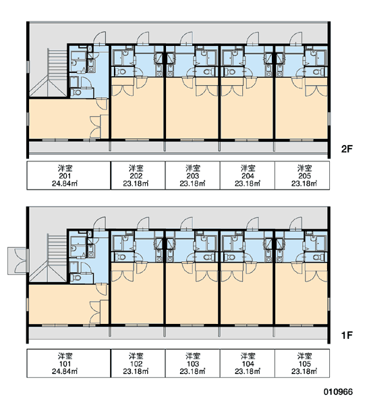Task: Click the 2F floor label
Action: click(x=347, y=149)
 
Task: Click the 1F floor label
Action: click(x=347, y=335)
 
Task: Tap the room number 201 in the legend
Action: click(x=65, y=176)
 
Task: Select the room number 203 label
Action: click(x=193, y=176)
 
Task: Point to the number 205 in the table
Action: click(x=304, y=176)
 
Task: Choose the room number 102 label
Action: click(x=136, y=364)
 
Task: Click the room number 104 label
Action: click(x=248, y=364)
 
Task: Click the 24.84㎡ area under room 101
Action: click(x=65, y=371)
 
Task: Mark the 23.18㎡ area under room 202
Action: click(x=136, y=184)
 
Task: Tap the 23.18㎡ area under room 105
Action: click(x=304, y=371)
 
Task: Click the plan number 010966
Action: click(x=338, y=391)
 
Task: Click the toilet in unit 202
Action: click(x=121, y=72)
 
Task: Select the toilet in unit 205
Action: click(x=318, y=72)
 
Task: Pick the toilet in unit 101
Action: click(x=76, y=277)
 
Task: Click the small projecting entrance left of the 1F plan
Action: click(x=17, y=261)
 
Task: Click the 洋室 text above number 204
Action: click(x=248, y=168)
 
